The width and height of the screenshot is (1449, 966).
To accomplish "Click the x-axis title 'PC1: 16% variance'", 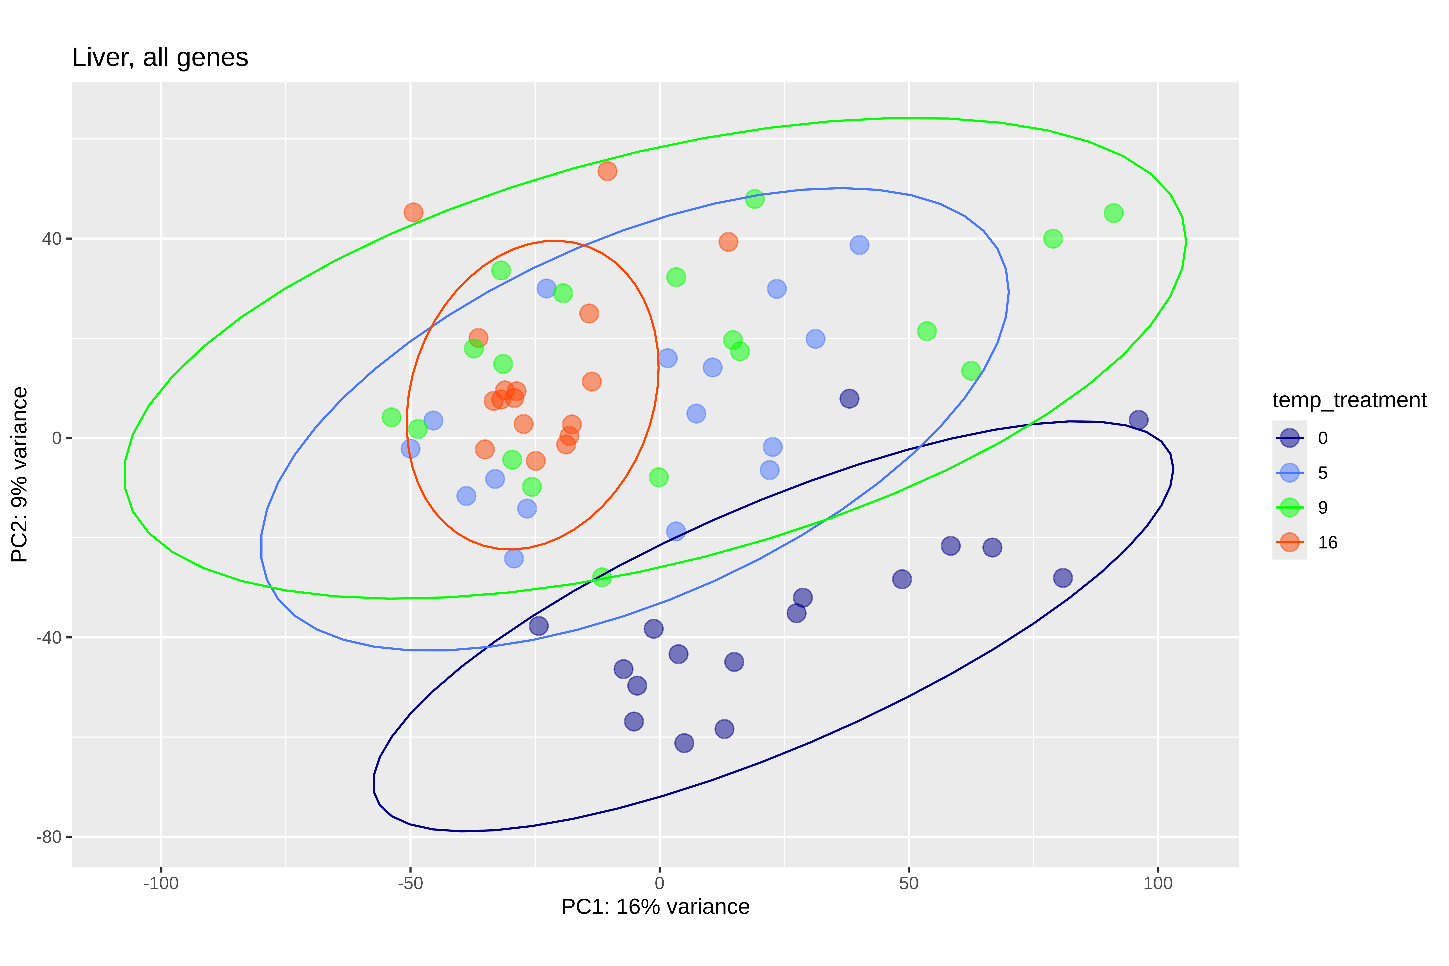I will (x=655, y=907).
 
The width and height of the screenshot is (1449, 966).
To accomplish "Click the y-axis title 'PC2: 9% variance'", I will (x=20, y=474).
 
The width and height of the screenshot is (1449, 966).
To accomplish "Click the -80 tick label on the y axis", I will (x=49, y=837).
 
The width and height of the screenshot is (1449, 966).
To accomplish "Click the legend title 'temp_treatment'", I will (x=1349, y=400).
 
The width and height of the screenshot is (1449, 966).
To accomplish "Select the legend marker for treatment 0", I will (x=1289, y=438).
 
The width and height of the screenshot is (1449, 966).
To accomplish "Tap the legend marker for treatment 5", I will (x=1289, y=473).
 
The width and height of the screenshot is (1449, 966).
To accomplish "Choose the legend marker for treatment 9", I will (x=1289, y=508).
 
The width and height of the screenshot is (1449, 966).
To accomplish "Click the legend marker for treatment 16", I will (x=1289, y=542).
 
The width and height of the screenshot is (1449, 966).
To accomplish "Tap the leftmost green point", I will (x=391, y=417).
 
